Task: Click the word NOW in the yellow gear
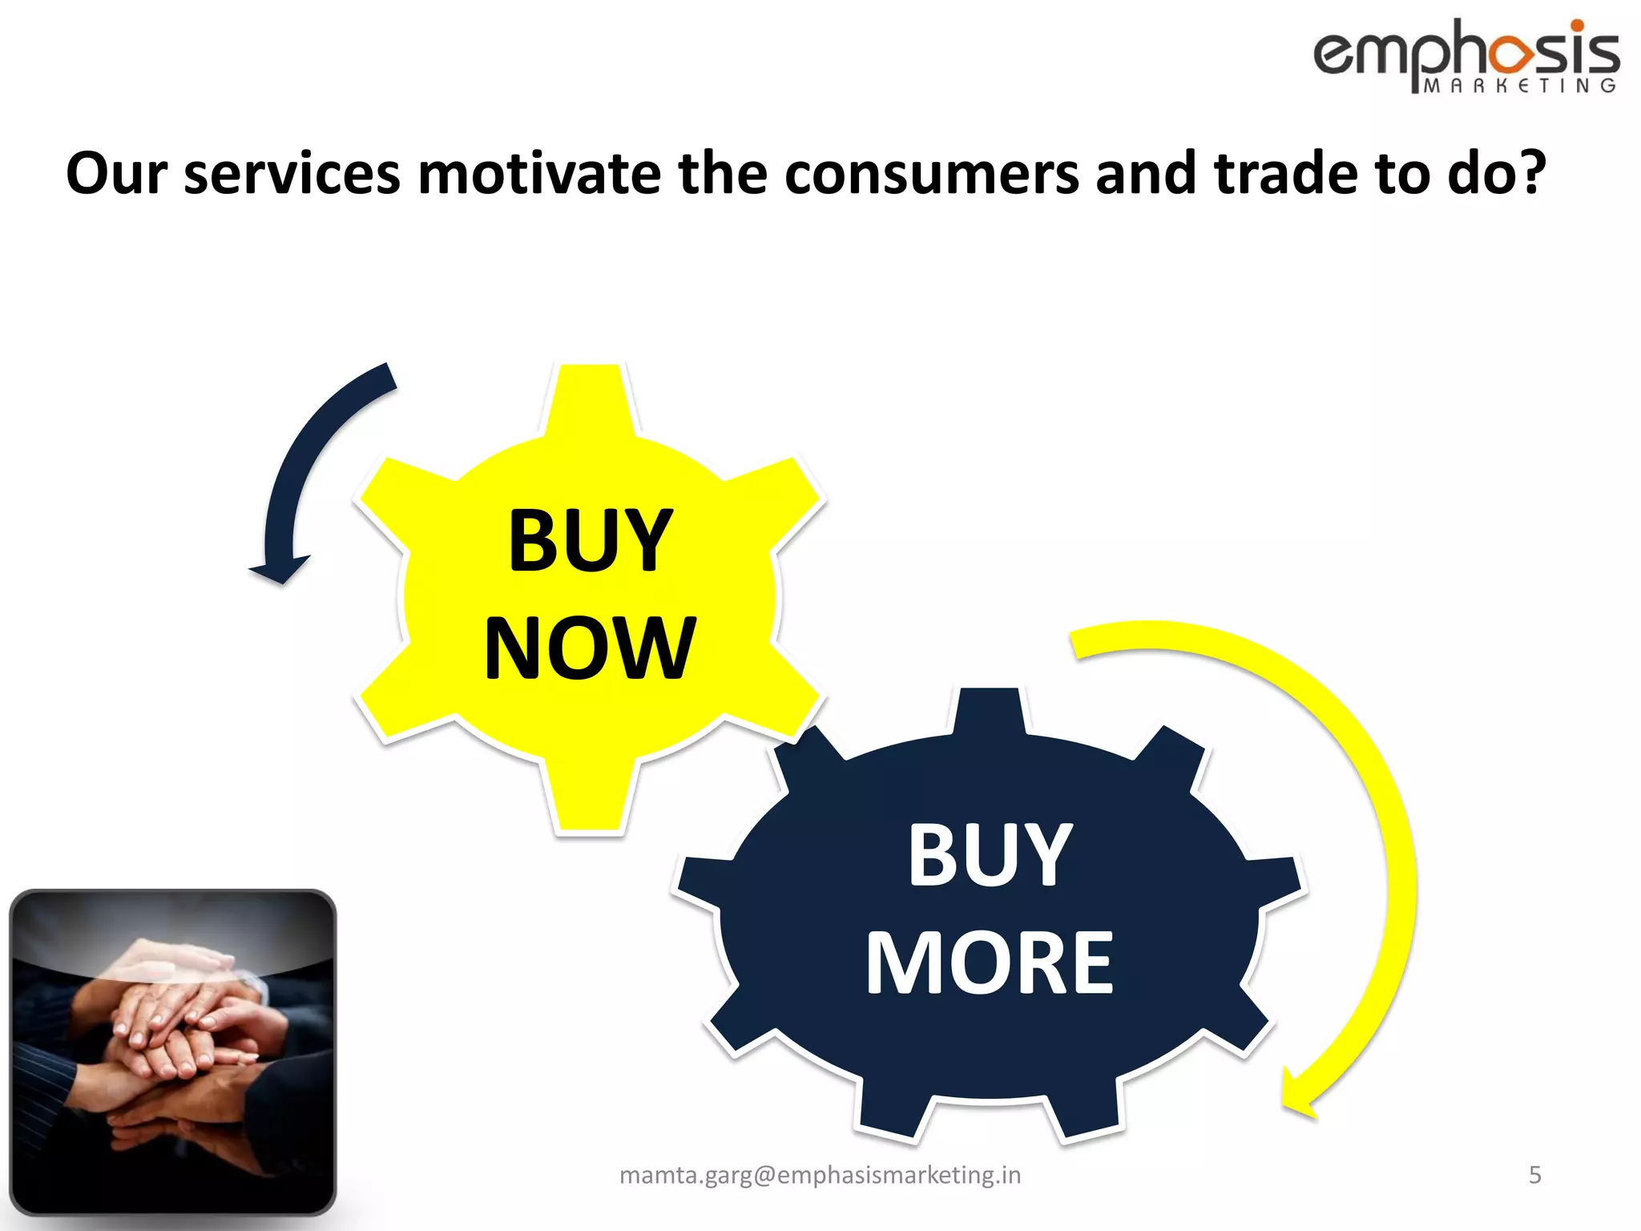[590, 648]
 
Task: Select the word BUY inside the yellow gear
[590, 541]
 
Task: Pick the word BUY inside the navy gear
[990, 855]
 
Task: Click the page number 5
[1534, 1175]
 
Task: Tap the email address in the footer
[820, 1175]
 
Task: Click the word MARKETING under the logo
[1519, 86]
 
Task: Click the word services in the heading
[292, 173]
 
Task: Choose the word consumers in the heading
[931, 173]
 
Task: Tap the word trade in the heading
[1286, 173]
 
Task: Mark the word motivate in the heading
[539, 173]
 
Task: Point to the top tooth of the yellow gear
[591, 397]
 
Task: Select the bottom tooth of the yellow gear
[591, 801]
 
